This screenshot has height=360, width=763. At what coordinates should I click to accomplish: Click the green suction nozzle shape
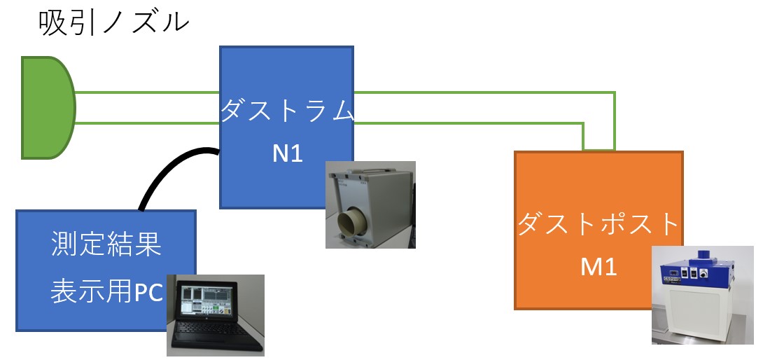pos(46,108)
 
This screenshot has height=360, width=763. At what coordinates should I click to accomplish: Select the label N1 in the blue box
pos(287,153)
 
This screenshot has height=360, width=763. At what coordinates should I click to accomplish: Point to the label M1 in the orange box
pos(598,266)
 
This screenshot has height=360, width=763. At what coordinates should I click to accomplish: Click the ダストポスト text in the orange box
pos(598,225)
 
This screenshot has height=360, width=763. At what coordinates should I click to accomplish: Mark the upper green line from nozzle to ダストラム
pos(147,92)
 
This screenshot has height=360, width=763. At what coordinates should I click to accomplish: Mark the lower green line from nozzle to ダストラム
pos(147,123)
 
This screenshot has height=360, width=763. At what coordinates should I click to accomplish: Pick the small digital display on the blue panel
pos(673,274)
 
